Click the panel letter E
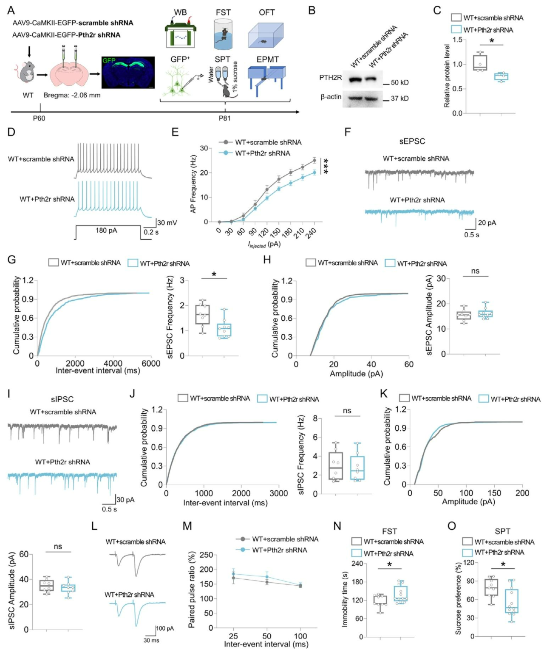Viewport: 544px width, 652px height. pyautogui.click(x=175, y=132)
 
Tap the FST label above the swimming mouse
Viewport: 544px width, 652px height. pyautogui.click(x=223, y=12)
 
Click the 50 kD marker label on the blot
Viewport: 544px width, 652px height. pyautogui.click(x=399, y=82)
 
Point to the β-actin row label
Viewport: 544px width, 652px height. pyautogui.click(x=331, y=97)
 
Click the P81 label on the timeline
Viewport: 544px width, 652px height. pyautogui.click(x=224, y=118)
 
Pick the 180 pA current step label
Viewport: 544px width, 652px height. pyautogui.click(x=107, y=231)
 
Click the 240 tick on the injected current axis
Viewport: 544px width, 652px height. pyautogui.click(x=312, y=233)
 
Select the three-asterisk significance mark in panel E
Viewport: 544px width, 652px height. pyautogui.click(x=326, y=166)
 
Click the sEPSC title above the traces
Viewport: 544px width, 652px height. pyautogui.click(x=412, y=141)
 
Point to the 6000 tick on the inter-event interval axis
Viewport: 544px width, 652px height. pyautogui.click(x=151, y=364)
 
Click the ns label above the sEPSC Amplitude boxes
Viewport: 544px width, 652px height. pyautogui.click(x=475, y=271)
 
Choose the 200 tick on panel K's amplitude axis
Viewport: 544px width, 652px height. pyautogui.click(x=522, y=493)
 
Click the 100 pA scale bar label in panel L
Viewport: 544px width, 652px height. pyautogui.click(x=165, y=628)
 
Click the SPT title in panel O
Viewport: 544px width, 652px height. pyautogui.click(x=502, y=531)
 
